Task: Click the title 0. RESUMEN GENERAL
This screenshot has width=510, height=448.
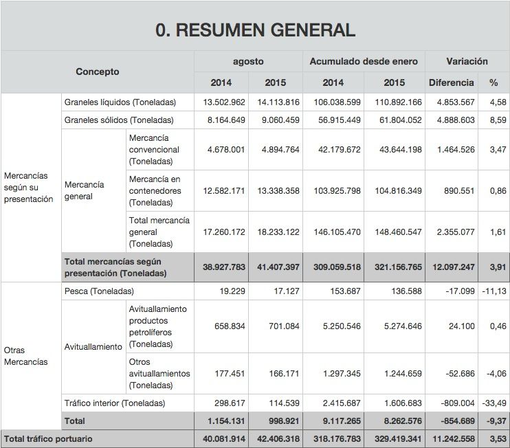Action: pyautogui.click(x=255, y=30)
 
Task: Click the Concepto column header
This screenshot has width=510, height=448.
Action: pyautogui.click(x=97, y=71)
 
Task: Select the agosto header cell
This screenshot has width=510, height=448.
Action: pyautogui.click(x=248, y=61)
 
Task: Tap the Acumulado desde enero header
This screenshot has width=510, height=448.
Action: pyautogui.click(x=364, y=61)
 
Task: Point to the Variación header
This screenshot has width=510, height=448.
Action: pyautogui.click(x=467, y=61)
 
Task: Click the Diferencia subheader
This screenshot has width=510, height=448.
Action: pyautogui.click(x=451, y=82)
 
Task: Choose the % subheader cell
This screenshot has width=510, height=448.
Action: pyautogui.click(x=494, y=82)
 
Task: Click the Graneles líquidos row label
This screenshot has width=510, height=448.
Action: pyautogui.click(x=120, y=102)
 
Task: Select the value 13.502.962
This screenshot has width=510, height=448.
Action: pyautogui.click(x=224, y=102)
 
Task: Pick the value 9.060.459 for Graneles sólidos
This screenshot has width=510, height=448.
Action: pyautogui.click(x=278, y=120)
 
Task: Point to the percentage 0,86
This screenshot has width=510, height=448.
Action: pyautogui.click(x=498, y=190)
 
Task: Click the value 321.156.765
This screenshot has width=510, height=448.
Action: pyautogui.click(x=395, y=267)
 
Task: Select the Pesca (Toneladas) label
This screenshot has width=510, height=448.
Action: pyautogui.click(x=99, y=291)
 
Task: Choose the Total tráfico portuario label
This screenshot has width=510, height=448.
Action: pyautogui.click(x=48, y=438)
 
